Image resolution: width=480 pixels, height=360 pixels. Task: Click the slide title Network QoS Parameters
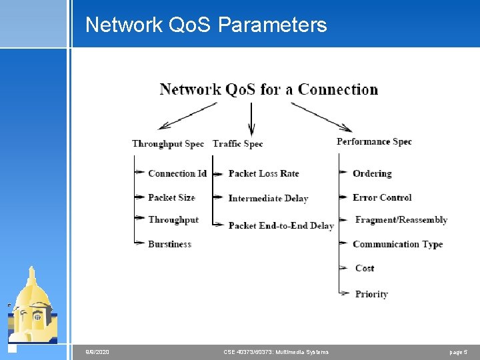(206, 25)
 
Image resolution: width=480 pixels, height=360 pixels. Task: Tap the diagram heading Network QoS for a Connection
(269, 89)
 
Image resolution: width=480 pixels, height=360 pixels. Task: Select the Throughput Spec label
(168, 143)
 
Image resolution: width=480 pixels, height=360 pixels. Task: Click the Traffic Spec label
(238, 143)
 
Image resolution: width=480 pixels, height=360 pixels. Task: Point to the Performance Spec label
(374, 141)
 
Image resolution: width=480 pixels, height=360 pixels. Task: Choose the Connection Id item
(177, 173)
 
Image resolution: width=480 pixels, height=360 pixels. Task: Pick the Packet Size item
(171, 197)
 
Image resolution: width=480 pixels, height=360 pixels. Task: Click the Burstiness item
(169, 244)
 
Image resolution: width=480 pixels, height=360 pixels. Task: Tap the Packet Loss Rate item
(264, 173)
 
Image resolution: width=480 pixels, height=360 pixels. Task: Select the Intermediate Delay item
(268, 198)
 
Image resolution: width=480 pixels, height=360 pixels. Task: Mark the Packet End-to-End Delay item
(281, 226)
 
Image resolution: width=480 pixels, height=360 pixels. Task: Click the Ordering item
(372, 173)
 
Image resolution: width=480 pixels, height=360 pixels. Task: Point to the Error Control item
(382, 197)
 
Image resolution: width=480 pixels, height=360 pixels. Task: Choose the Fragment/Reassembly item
(401, 220)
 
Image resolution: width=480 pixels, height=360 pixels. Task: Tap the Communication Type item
(397, 244)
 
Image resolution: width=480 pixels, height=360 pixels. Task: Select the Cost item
(365, 268)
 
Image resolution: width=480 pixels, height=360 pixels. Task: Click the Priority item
(371, 294)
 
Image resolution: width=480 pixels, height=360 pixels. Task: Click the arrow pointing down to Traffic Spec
(251, 120)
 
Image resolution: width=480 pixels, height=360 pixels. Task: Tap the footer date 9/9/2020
(97, 352)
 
